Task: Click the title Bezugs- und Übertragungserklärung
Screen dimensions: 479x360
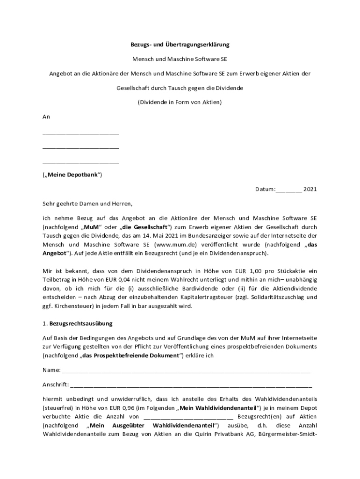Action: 180,45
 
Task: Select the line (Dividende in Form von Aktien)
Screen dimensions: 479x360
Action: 180,102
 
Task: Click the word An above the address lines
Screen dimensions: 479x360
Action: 46,116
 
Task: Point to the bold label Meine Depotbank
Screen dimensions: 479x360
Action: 72,175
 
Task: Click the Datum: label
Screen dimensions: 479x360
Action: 265,189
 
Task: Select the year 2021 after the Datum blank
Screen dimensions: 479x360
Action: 310,189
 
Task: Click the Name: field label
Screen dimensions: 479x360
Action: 51,370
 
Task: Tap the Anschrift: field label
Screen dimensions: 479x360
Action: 56,385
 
